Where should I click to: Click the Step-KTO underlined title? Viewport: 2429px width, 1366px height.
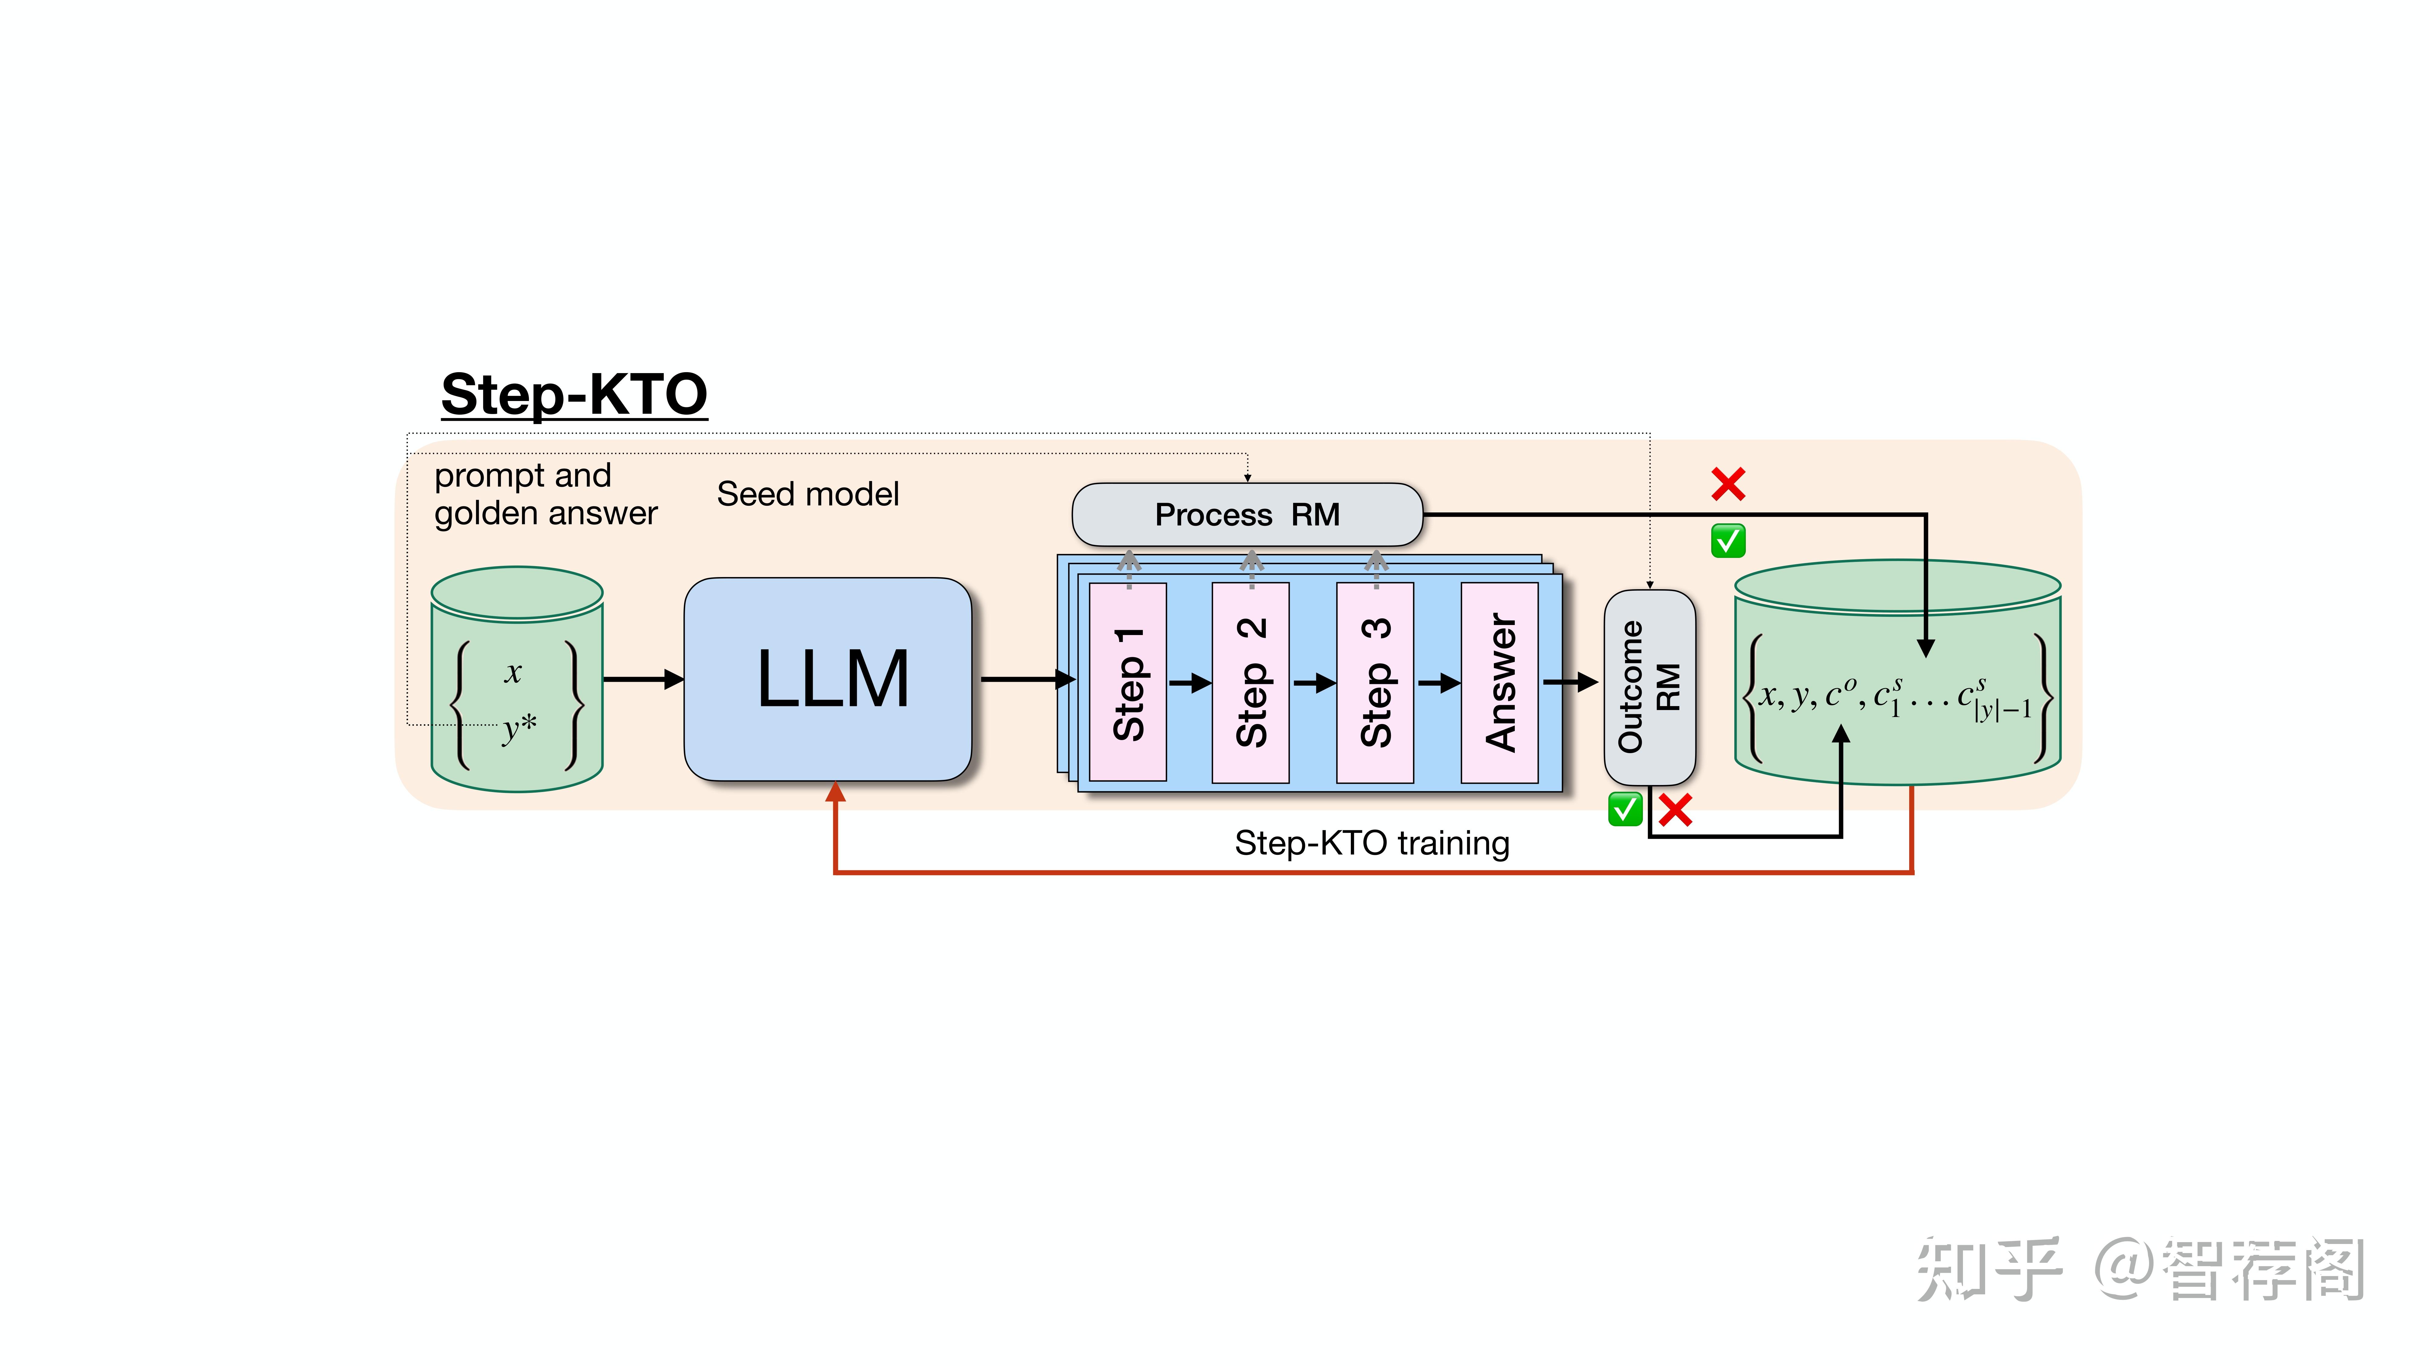coord(574,395)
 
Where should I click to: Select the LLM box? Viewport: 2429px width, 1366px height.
coord(828,679)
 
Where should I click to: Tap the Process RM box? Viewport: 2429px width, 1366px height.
coord(1248,515)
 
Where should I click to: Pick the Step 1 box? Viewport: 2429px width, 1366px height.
coord(1128,682)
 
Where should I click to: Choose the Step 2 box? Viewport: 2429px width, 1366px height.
coord(1250,682)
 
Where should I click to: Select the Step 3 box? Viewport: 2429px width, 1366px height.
coord(1375,682)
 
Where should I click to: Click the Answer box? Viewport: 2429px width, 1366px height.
coord(1499,682)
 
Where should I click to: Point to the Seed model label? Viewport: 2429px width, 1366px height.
coord(808,494)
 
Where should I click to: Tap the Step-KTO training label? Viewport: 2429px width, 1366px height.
coord(1372,843)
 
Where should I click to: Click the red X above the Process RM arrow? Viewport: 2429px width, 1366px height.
coord(1729,484)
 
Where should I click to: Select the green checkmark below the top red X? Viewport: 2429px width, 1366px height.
coord(1729,541)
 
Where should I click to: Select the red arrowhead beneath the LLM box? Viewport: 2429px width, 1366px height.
coord(836,792)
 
